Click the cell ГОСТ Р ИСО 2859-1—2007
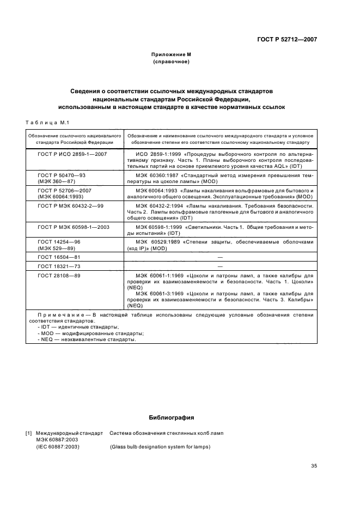point(72,155)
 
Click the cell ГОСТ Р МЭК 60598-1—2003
point(74,226)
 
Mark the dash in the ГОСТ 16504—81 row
point(220,256)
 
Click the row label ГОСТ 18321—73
point(59,266)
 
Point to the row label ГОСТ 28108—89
point(59,276)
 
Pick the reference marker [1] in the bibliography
point(29,434)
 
